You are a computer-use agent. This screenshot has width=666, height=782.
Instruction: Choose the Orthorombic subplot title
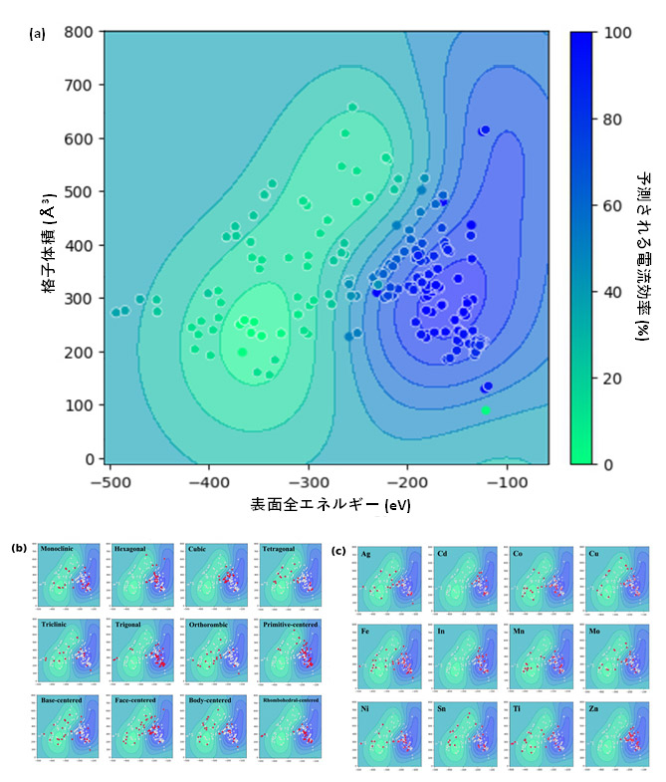coord(211,625)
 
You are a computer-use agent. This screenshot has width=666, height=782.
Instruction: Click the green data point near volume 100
coord(486,409)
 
